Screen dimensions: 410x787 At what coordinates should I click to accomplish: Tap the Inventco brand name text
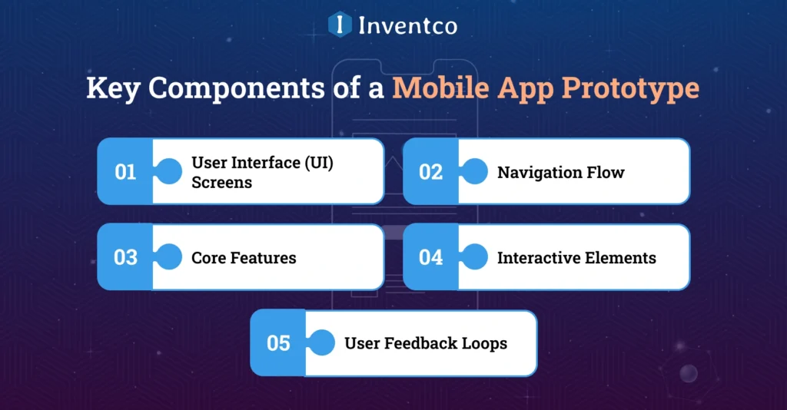pyautogui.click(x=407, y=25)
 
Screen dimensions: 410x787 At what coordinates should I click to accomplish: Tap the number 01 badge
pyautogui.click(x=125, y=171)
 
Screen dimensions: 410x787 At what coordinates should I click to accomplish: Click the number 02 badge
pyautogui.click(x=430, y=171)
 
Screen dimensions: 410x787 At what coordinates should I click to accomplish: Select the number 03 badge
pyautogui.click(x=125, y=257)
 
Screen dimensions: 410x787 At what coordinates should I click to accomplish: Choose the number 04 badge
pyautogui.click(x=430, y=257)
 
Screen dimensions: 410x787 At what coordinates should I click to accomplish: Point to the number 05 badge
pyautogui.click(x=278, y=342)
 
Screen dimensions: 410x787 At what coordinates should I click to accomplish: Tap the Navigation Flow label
pyautogui.click(x=560, y=172)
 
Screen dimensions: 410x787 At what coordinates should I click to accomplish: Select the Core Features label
pyautogui.click(x=244, y=257)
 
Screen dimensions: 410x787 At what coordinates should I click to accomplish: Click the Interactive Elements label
pyautogui.click(x=576, y=257)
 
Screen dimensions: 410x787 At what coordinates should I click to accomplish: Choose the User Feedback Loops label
pyautogui.click(x=426, y=342)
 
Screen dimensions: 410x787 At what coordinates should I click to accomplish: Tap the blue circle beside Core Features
pyautogui.click(x=168, y=257)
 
